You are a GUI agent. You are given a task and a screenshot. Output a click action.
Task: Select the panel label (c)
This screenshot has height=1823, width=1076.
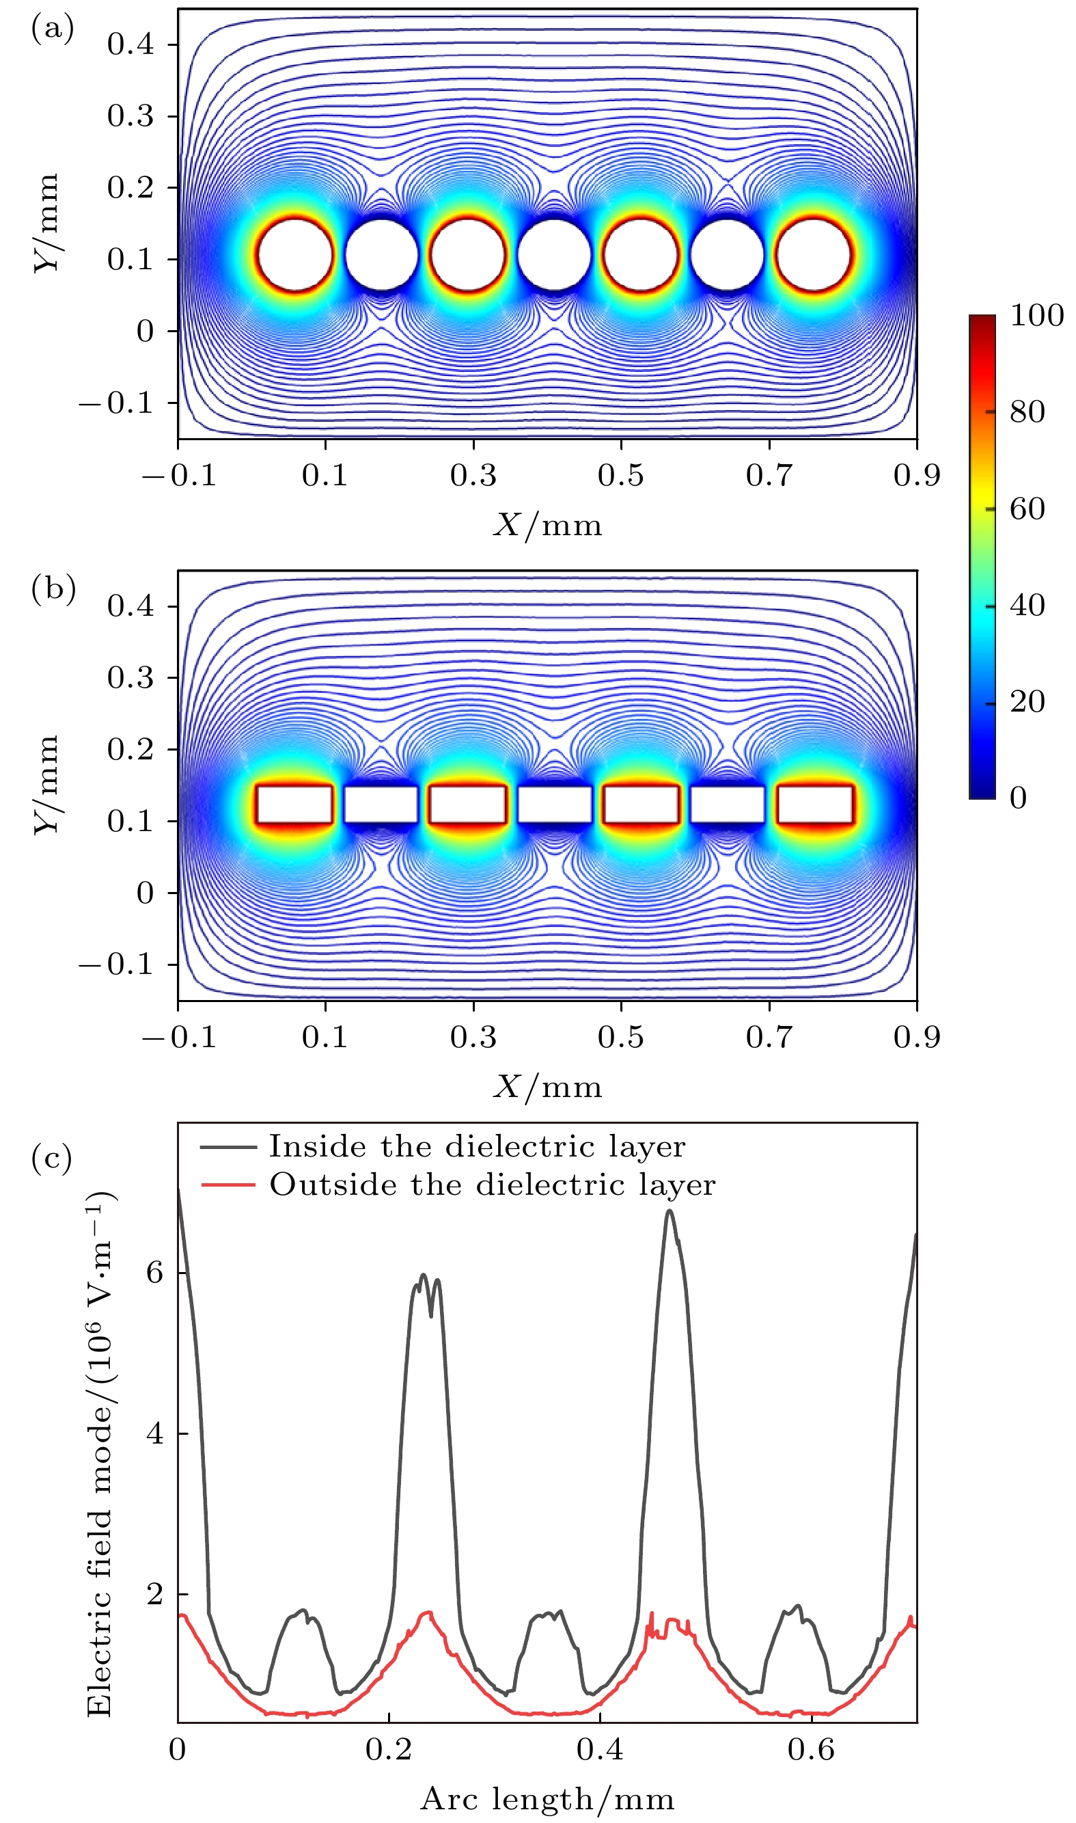click(52, 1158)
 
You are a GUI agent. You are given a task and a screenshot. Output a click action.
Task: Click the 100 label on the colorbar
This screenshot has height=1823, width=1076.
click(1036, 316)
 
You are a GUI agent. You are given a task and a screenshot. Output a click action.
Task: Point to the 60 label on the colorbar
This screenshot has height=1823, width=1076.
click(1027, 509)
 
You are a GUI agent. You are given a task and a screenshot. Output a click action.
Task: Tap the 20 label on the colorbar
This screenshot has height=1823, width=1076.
click(1027, 701)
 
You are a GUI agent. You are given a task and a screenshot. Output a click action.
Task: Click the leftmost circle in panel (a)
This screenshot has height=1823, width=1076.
click(295, 256)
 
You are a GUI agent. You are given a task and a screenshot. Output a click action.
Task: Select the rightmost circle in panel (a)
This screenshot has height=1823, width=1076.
click(814, 256)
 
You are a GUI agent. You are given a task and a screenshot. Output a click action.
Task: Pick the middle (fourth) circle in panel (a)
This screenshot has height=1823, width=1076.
click(554, 256)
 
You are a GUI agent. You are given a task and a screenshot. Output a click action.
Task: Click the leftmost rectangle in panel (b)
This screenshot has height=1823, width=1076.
click(294, 804)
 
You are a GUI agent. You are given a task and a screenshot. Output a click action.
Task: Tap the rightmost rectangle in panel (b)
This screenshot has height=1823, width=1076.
click(815, 804)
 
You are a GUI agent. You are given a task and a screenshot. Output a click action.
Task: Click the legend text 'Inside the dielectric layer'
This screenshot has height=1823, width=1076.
click(476, 1147)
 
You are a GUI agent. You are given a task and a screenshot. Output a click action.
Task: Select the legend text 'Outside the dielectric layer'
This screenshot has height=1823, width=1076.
click(493, 1185)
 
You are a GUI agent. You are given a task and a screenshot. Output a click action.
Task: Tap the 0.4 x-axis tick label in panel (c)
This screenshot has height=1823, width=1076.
click(600, 1749)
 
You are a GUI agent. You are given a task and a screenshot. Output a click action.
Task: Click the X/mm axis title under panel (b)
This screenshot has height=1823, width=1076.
click(547, 1087)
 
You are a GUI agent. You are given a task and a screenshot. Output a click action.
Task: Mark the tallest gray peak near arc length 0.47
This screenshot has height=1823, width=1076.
click(670, 1211)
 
